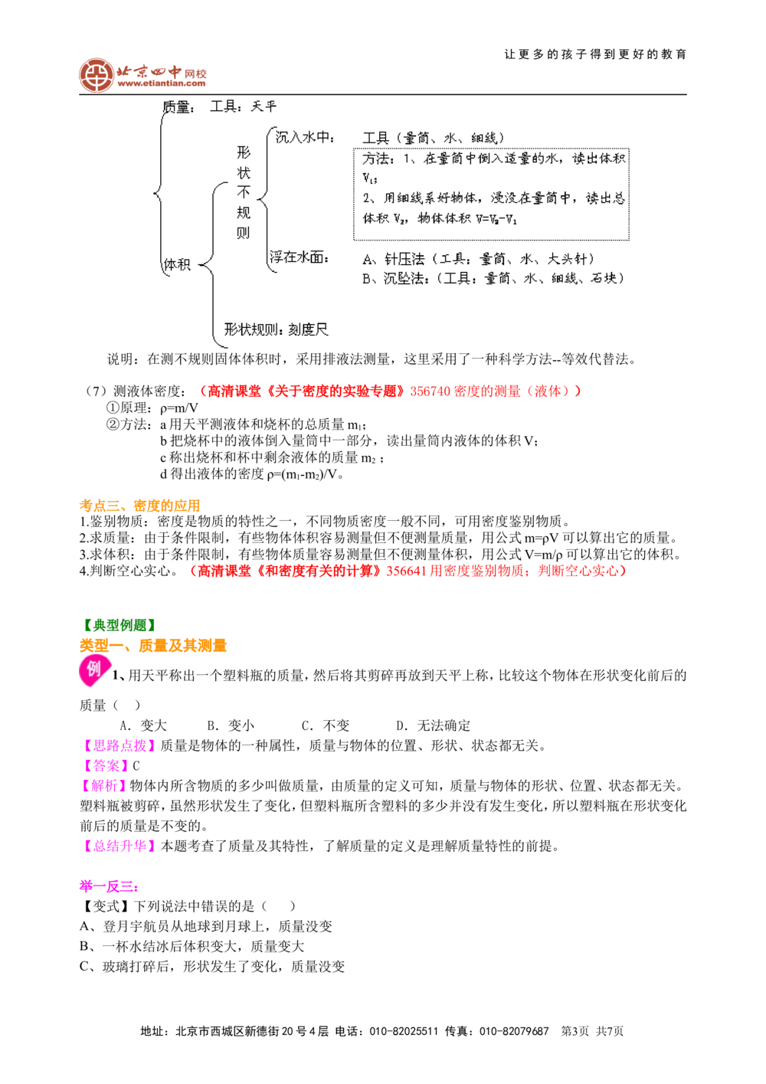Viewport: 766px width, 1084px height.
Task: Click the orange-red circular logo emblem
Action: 96,75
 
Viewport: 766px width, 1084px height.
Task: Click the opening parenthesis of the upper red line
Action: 202,391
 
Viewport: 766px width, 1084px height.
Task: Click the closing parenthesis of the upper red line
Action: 578,391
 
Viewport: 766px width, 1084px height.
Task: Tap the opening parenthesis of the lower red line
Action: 195,571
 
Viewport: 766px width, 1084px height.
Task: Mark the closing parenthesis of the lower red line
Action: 624,571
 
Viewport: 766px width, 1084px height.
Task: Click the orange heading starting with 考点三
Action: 140,506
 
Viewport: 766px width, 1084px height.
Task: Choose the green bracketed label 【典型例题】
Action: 119,625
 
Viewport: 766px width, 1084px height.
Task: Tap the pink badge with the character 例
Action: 93,670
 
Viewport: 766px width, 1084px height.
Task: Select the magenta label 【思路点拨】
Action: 119,745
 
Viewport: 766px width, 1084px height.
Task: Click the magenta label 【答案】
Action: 104,765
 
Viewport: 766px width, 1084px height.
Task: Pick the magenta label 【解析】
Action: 104,786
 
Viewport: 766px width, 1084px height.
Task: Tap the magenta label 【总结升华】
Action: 119,847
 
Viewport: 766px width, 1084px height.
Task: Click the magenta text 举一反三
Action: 108,887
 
